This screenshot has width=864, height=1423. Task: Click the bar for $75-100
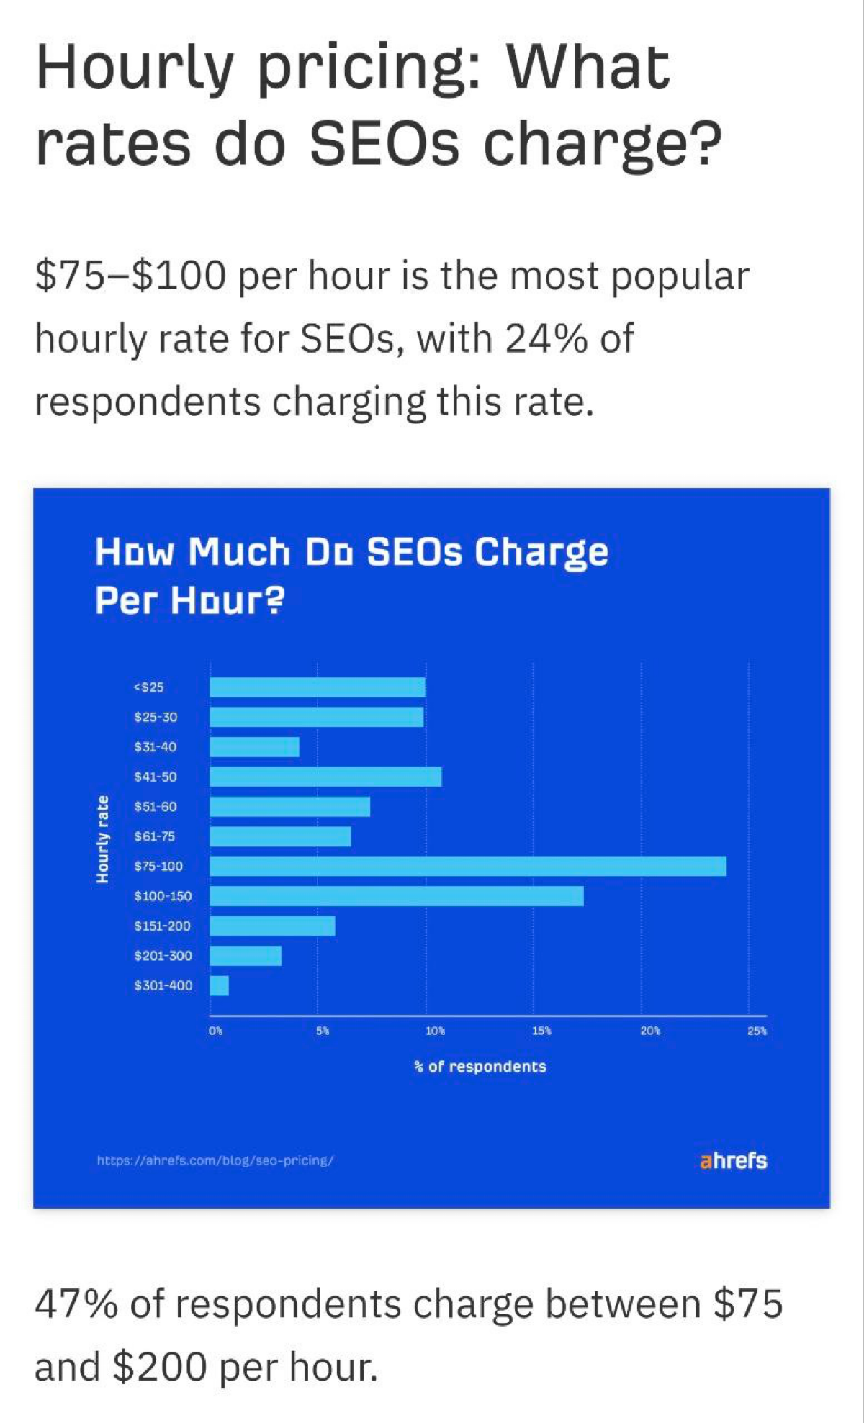pos(468,866)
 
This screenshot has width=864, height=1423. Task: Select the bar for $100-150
pos(397,896)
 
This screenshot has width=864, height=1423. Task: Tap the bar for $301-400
pos(220,985)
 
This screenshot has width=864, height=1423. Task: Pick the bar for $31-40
pos(255,747)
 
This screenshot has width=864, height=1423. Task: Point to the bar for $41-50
pos(325,777)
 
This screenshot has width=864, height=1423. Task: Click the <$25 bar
pos(318,687)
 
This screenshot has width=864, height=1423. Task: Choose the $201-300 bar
pos(246,956)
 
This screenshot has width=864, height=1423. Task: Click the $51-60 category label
pos(156,807)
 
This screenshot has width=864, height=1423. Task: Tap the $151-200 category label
pos(163,926)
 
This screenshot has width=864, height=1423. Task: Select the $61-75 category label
pos(155,836)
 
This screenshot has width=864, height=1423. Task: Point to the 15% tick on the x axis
pos(541,1031)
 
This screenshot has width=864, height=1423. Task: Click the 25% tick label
pos(757,1031)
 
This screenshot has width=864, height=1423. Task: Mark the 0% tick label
pos(216,1031)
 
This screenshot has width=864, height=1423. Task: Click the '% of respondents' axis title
pos(480,1066)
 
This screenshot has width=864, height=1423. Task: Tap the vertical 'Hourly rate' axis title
pos(104,839)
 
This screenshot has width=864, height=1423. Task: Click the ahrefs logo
pos(733,1161)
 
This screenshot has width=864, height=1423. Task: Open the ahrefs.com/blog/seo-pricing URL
pos(215,1161)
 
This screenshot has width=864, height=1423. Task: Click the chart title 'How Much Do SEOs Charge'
pos(351,553)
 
